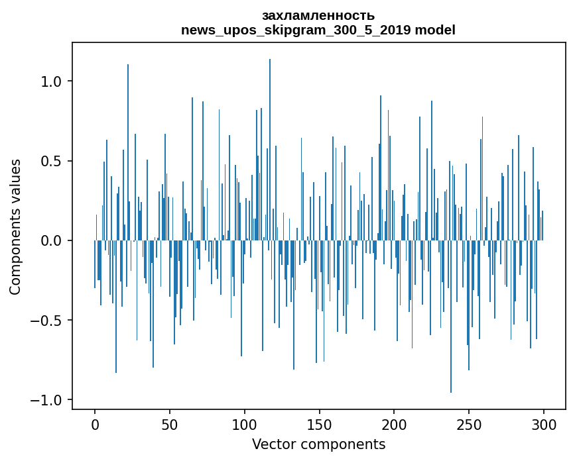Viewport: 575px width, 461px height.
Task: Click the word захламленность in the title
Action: pyautogui.click(x=318, y=15)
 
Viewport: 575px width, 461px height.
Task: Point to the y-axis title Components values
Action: pyautogui.click(x=15, y=227)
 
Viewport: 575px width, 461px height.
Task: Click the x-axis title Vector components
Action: pyautogui.click(x=318, y=444)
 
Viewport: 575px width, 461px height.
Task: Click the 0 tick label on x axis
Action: pyautogui.click(x=95, y=424)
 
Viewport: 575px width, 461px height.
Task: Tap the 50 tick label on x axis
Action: pyautogui.click(x=170, y=424)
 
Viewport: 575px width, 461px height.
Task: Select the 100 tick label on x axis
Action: pyautogui.click(x=245, y=424)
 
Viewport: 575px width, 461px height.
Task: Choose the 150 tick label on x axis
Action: pyautogui.click(x=320, y=424)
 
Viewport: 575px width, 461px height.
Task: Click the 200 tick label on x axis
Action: pyautogui.click(x=394, y=424)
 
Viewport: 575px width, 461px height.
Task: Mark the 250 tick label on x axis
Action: pyautogui.click(x=469, y=424)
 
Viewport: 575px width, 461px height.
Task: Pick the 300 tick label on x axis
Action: pyautogui.click(x=544, y=424)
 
